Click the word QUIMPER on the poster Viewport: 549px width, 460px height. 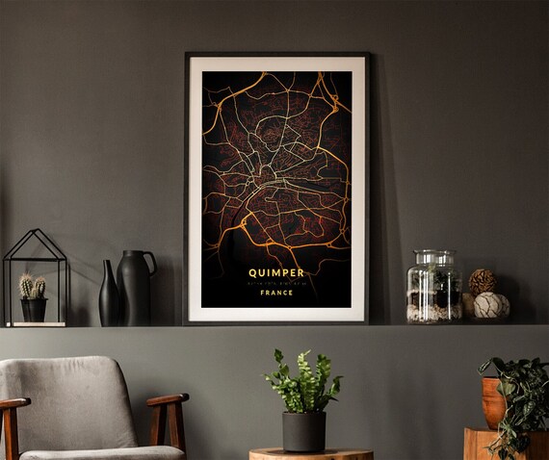(276, 271)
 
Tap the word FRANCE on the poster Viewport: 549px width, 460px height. (276, 294)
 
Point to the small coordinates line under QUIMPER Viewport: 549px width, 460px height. (276, 282)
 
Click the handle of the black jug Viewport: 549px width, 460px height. (150, 261)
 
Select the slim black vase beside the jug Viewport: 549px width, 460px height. (109, 294)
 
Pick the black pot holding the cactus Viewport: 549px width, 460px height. (34, 309)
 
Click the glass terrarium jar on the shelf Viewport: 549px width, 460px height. (433, 289)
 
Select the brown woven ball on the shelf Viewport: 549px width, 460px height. (482, 281)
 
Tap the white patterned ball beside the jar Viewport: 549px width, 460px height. (491, 305)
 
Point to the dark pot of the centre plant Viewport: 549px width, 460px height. (303, 431)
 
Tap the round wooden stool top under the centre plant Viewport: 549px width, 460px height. (310, 453)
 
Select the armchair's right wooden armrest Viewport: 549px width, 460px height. (168, 400)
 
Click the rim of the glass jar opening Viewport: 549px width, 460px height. (433, 253)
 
